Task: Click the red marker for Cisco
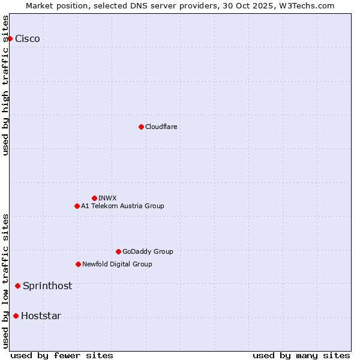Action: pos(10,39)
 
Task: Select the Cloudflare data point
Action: pos(141,127)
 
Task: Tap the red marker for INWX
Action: pos(94,198)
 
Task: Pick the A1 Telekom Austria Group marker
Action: pos(77,206)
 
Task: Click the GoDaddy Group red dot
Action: pos(118,251)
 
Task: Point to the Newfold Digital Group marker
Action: pos(78,264)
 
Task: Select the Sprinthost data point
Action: pos(17,286)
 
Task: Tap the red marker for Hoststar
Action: pos(16,316)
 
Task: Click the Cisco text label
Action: pos(28,39)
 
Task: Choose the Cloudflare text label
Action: pos(161,127)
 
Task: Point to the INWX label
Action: pos(107,198)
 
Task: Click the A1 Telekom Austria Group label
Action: pos(122,206)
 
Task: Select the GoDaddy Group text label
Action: pos(148,251)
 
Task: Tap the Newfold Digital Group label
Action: pos(117,264)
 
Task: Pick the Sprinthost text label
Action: pos(47,286)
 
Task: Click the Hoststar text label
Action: pos(41,316)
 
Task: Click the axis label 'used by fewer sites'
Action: pos(62,355)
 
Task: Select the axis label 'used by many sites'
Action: pos(301,355)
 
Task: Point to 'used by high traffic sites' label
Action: pos(6,85)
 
